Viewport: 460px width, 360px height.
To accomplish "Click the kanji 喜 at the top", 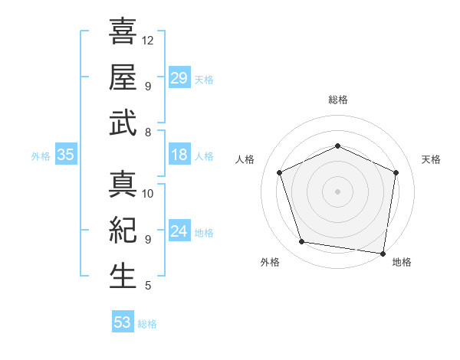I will [x=123, y=32].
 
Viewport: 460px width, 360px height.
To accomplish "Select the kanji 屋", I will [x=123, y=77].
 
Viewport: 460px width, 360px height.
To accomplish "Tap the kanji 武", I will [x=123, y=123].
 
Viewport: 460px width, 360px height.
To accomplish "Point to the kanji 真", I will [x=123, y=185].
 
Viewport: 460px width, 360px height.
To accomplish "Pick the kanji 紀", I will [x=123, y=231].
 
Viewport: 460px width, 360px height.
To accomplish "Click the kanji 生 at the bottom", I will [x=123, y=277].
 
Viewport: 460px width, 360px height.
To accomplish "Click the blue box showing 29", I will [x=179, y=78].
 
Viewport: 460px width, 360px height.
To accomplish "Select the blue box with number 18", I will [x=179, y=155].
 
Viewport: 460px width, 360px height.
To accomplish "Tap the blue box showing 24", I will [x=179, y=232].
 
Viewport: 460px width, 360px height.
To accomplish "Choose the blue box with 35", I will [x=66, y=155].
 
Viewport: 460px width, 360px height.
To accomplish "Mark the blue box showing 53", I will [x=123, y=322].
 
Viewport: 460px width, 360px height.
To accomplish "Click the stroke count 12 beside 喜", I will [x=148, y=40].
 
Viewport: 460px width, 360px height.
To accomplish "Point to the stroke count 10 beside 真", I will [x=148, y=193].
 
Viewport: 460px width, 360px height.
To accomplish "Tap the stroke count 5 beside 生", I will [x=147, y=286].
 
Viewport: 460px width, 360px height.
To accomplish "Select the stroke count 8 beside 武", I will [x=147, y=133].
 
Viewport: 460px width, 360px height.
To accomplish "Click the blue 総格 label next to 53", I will [x=147, y=324].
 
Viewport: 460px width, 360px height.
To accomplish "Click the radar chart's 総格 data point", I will [x=337, y=146].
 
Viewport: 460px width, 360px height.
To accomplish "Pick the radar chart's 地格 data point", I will [x=383, y=253].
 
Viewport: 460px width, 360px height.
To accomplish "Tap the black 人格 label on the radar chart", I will [x=246, y=159].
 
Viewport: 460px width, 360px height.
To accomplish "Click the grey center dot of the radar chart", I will [x=337, y=191].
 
